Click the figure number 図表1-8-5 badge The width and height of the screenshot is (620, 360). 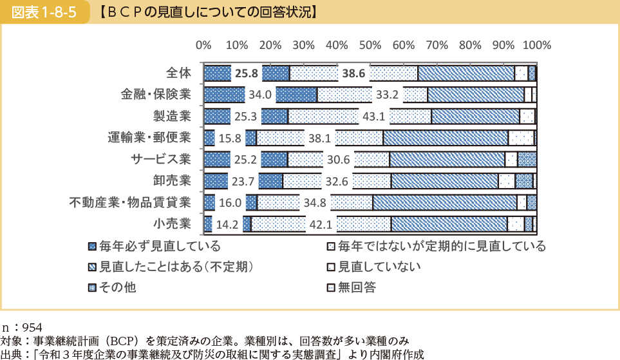tap(44, 12)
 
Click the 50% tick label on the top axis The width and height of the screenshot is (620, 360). tap(370, 45)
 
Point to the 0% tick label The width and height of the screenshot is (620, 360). tap(203, 45)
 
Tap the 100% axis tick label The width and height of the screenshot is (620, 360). tap(537, 45)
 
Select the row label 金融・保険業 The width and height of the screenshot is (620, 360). tap(156, 95)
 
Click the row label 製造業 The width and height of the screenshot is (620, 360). tap(172, 116)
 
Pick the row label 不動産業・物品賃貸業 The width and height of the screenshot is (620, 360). tap(130, 203)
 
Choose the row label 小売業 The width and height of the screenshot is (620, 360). tap(172, 224)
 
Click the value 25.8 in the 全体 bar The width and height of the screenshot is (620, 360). tap(247, 73)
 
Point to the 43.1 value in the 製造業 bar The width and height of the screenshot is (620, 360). tap(374, 117)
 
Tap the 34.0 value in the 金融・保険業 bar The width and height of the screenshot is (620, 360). tap(260, 95)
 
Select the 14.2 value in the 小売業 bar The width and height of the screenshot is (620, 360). tap(227, 225)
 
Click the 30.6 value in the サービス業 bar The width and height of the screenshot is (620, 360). tap(339, 160)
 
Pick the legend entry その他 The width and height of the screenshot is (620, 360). tap(117, 287)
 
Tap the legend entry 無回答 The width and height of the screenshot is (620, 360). tap(357, 287)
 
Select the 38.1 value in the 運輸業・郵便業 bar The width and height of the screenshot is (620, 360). tap(319, 138)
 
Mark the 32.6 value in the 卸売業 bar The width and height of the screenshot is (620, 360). tap(337, 182)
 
